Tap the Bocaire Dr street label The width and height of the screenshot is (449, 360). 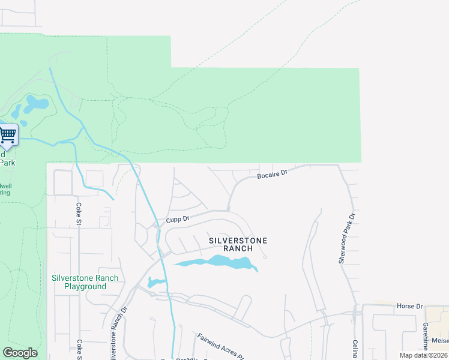(x=273, y=175)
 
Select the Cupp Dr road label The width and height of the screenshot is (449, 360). (x=178, y=220)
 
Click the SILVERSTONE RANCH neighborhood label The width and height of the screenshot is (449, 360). (x=238, y=244)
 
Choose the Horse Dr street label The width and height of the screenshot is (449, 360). (x=409, y=306)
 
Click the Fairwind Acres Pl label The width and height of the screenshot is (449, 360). (x=220, y=346)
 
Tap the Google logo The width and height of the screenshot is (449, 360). (x=20, y=353)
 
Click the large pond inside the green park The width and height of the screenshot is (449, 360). (x=36, y=104)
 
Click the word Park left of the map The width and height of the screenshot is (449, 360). (x=7, y=163)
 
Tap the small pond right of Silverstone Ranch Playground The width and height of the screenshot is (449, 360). (x=156, y=282)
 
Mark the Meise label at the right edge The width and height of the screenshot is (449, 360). (x=440, y=340)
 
